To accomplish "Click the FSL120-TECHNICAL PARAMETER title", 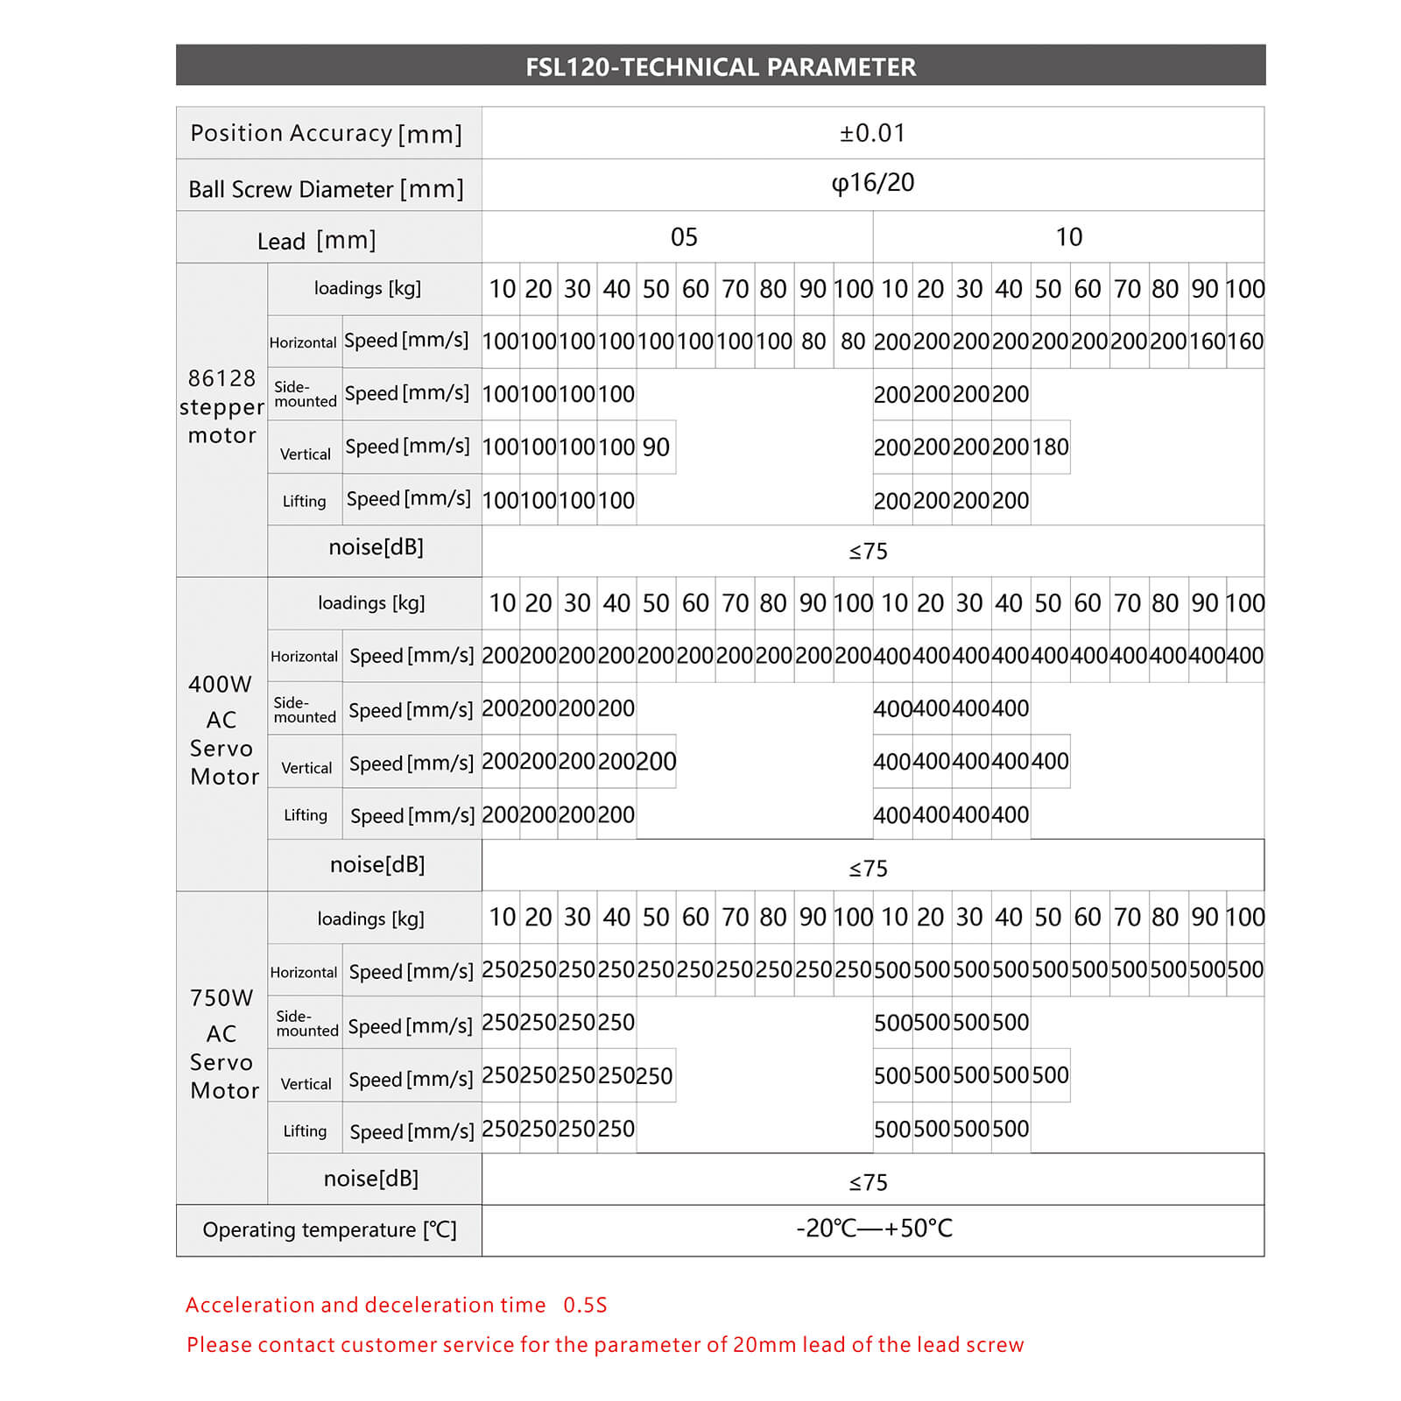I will [720, 67].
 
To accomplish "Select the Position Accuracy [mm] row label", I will [326, 133].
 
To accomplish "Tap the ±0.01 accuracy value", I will [872, 133].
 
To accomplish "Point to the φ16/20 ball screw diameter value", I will [872, 183].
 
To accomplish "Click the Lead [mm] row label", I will [316, 240].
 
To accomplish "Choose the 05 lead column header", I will [684, 237].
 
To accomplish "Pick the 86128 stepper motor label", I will [222, 406].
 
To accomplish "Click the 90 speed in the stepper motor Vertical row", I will [656, 447].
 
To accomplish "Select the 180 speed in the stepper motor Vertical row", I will [1050, 447].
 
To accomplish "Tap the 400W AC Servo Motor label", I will [223, 729].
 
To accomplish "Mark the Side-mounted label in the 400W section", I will [304, 709].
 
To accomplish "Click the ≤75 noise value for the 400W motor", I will [868, 869].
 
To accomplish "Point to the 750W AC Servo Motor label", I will [223, 1044].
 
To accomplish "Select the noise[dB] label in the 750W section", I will [371, 1179].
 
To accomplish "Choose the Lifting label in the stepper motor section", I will [304, 501].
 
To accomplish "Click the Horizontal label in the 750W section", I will [304, 972].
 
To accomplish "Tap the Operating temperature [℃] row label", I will [329, 1230].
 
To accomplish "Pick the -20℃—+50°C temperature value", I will [874, 1229].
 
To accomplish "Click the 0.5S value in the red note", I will [585, 1306].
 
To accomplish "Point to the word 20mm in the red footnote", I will [764, 1345].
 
